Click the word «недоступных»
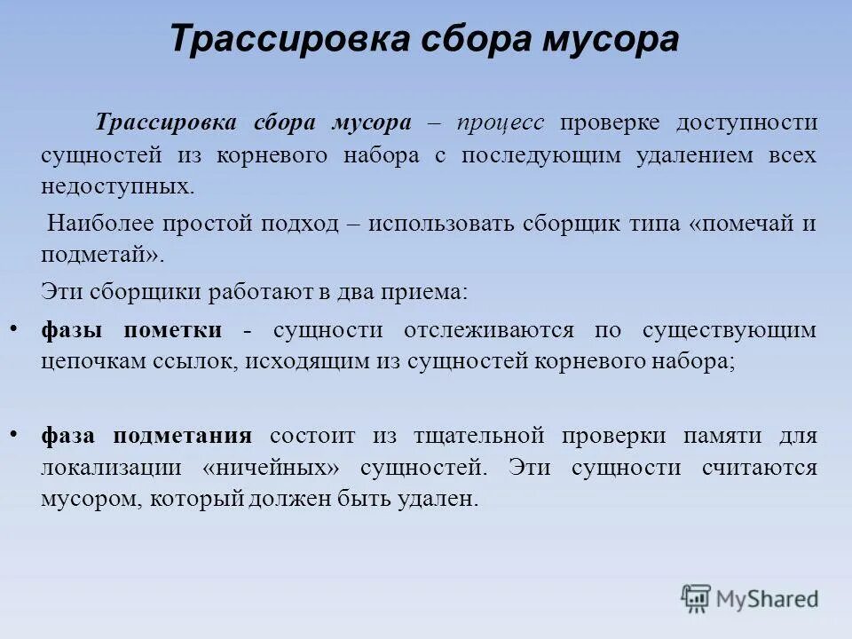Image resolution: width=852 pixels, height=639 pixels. (x=115, y=187)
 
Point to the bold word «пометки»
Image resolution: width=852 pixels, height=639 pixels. (x=173, y=330)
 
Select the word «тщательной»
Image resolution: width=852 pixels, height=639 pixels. (x=478, y=436)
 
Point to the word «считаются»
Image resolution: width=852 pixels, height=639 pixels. (x=761, y=468)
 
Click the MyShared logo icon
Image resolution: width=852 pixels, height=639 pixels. (x=697, y=597)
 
